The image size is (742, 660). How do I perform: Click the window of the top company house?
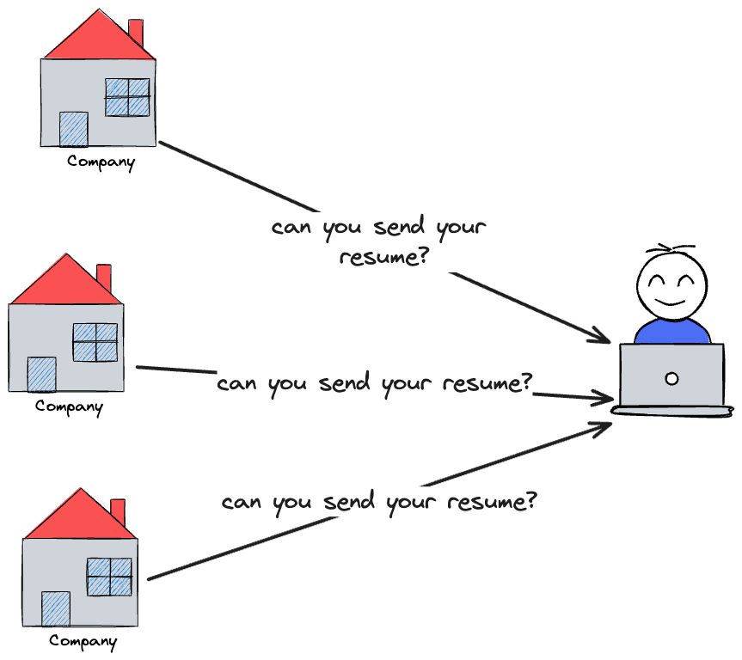[127, 97]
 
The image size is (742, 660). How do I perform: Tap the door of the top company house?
[73, 129]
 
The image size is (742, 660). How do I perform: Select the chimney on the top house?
[136, 33]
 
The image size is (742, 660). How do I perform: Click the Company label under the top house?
[101, 162]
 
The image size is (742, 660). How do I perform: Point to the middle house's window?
[95, 342]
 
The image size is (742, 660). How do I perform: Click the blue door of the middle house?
[41, 375]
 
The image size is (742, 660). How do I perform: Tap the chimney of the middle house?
[104, 278]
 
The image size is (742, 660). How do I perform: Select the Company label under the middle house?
[69, 406]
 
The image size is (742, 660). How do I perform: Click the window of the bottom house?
[109, 577]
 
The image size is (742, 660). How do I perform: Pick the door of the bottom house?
[55, 609]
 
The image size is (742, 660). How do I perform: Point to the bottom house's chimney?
[118, 512]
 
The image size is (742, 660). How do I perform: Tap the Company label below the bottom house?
[83, 641]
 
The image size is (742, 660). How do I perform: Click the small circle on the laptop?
[671, 378]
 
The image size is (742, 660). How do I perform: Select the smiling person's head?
[671, 284]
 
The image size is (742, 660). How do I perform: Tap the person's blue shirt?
[671, 331]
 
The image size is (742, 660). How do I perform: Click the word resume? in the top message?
[383, 257]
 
